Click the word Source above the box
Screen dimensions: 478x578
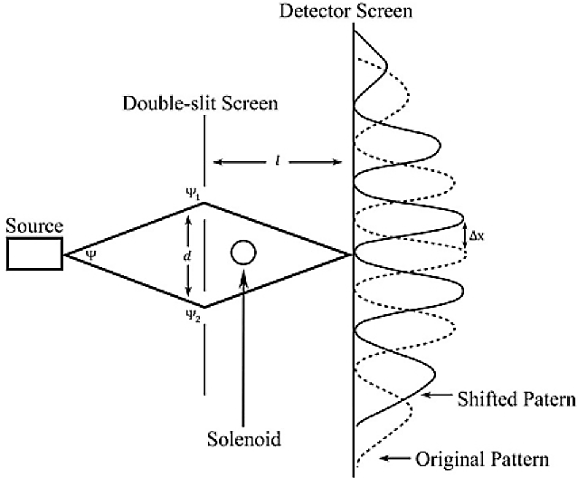click(x=33, y=226)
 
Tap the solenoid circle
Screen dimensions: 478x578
click(x=242, y=252)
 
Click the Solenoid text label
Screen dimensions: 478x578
click(x=242, y=440)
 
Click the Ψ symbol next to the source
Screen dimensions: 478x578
click(x=90, y=254)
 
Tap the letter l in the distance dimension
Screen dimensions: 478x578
click(x=277, y=163)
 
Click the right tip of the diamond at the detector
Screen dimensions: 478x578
click(x=350, y=254)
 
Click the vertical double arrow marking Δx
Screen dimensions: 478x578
click(x=462, y=237)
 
